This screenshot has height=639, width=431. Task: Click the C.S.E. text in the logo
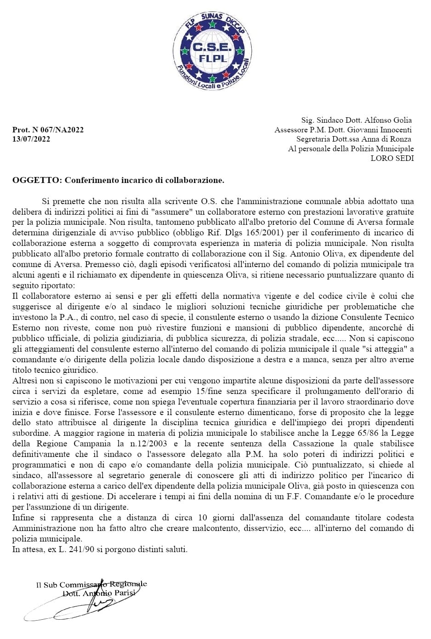(x=212, y=47)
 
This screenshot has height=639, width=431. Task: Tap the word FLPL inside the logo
(x=212, y=58)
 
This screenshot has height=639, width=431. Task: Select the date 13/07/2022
(x=31, y=139)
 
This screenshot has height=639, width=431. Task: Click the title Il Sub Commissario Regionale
(x=91, y=585)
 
